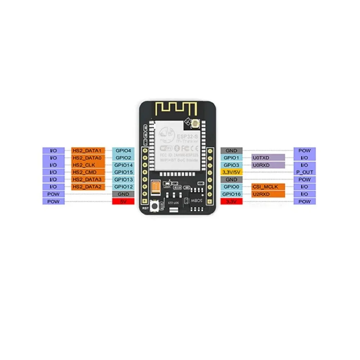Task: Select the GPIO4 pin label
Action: point(123,150)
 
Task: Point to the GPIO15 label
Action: point(123,172)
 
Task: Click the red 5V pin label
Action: point(123,201)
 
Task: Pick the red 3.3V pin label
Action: point(231,201)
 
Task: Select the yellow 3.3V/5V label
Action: point(231,172)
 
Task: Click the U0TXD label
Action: point(268,158)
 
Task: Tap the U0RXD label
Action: point(268,165)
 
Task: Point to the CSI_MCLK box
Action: point(268,186)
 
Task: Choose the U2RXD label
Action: point(268,194)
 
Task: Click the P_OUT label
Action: point(305,172)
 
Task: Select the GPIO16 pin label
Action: point(231,194)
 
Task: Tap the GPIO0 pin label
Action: point(231,186)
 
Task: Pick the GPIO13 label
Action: point(123,179)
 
